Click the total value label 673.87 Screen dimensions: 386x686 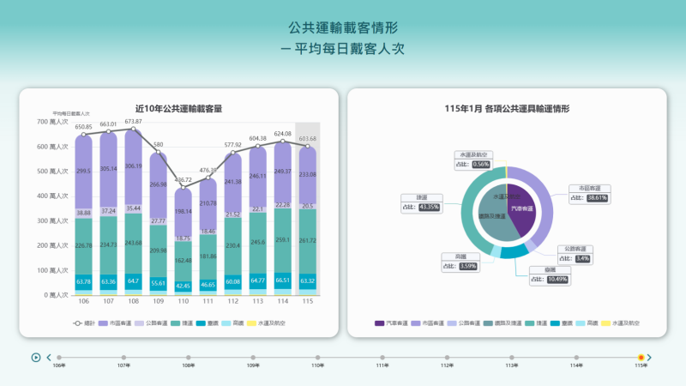[x=133, y=121]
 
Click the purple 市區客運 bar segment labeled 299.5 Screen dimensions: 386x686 [x=84, y=172]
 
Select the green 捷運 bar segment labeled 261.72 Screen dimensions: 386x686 [x=307, y=241]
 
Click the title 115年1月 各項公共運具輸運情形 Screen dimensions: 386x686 [x=508, y=109]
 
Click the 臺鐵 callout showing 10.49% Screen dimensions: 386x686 [x=548, y=274]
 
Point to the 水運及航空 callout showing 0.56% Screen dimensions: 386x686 [x=472, y=160]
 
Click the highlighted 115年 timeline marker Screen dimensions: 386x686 [x=641, y=357]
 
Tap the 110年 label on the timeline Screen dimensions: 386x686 [x=317, y=365]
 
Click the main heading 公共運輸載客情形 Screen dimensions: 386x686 [x=343, y=28]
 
